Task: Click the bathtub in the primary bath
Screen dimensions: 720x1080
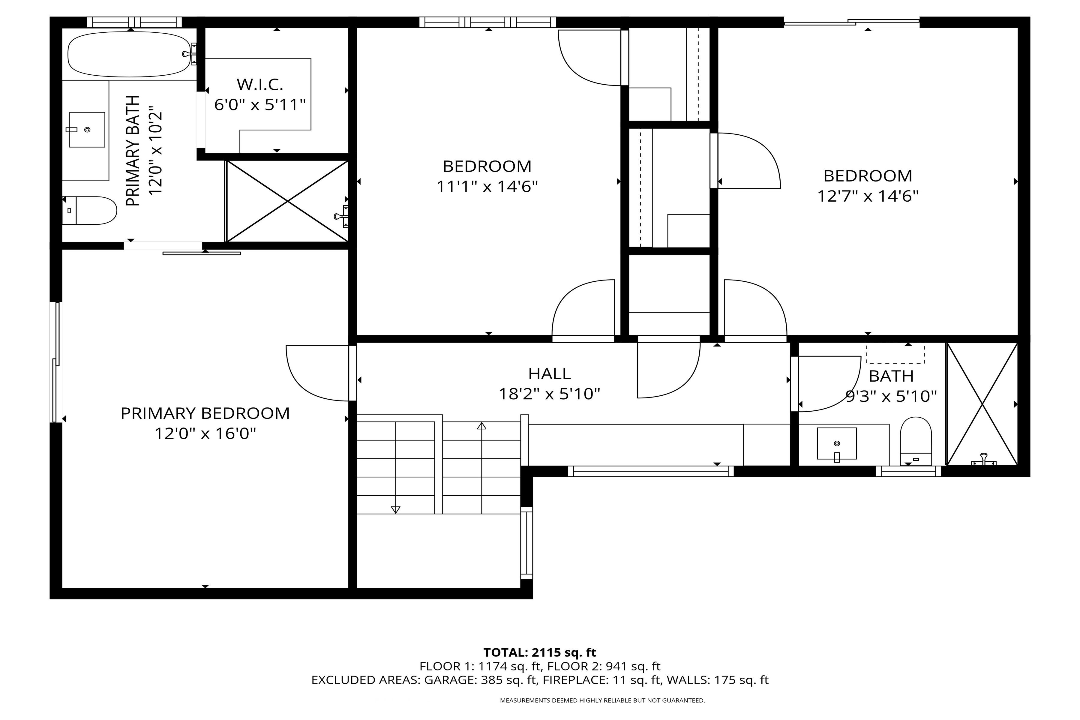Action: tap(129, 54)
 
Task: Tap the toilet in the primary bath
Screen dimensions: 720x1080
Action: tap(92, 211)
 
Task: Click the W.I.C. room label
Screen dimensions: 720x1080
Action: tap(260, 85)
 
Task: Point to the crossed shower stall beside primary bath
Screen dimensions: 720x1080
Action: tap(287, 201)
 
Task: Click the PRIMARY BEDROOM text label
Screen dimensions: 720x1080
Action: tap(205, 413)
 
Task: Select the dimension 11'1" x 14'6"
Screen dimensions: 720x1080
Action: tap(487, 186)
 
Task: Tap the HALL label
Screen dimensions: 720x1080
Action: tap(550, 374)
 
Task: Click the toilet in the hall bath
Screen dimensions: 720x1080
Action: tap(916, 441)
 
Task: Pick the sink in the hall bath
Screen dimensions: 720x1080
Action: tap(837, 444)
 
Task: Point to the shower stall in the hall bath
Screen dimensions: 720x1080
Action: tap(982, 404)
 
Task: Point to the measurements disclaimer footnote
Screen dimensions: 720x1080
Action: tap(602, 700)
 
